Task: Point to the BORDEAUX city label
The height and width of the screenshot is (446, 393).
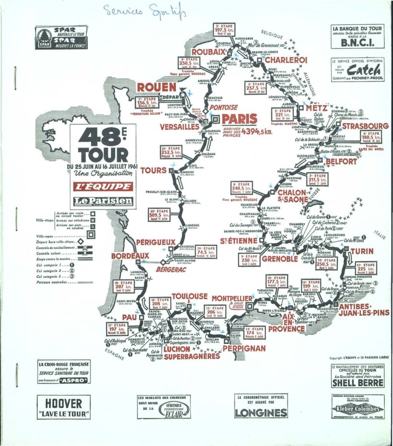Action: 130,257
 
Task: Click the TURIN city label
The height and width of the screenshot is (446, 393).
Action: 362,251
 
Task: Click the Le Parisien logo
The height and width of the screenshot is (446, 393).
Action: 103,201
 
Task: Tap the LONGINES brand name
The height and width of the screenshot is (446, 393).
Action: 261,412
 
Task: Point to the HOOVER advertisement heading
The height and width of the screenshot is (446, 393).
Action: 64,403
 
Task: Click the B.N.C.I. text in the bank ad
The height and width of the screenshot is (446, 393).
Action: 357,42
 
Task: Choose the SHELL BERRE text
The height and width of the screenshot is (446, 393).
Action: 357,383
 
